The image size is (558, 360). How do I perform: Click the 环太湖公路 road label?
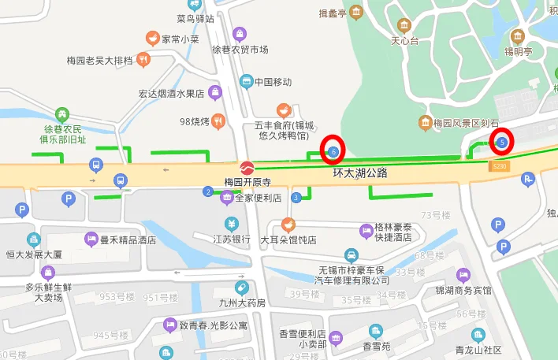[x=360, y=173]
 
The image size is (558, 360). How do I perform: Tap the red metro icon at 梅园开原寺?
[x=247, y=168]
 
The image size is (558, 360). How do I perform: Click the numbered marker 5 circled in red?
[x=501, y=143]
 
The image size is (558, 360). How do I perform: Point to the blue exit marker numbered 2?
[x=208, y=191]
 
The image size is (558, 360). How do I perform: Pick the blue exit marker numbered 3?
[x=296, y=197]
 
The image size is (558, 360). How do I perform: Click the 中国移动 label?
[x=273, y=82]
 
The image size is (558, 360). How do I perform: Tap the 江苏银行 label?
[x=232, y=239]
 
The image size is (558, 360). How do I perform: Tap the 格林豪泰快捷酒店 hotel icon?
[x=366, y=231]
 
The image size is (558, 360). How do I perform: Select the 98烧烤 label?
[x=193, y=121]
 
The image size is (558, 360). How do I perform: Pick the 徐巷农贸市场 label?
[x=240, y=49]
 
